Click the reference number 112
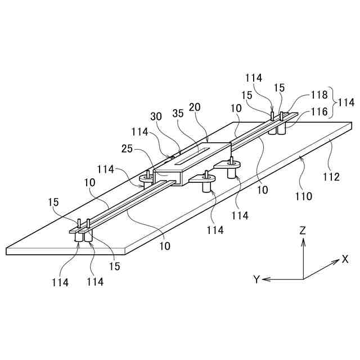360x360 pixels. (x=331, y=177)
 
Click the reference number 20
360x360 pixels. (x=195, y=107)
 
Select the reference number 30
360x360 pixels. (x=157, y=118)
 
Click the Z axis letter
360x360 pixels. (x=303, y=230)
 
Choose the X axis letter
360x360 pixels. (x=344, y=260)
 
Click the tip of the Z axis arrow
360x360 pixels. (x=303, y=239)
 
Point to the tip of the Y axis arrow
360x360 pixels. (x=263, y=279)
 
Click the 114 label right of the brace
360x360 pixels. (x=346, y=103)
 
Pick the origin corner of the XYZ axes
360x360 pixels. (x=303, y=279)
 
